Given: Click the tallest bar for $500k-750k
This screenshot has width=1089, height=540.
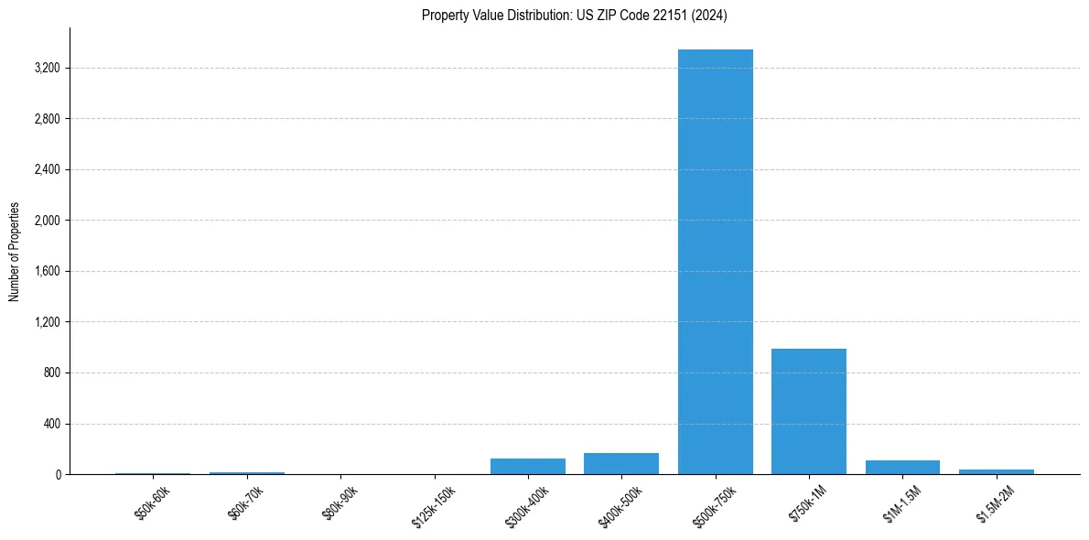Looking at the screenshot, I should pos(715,262).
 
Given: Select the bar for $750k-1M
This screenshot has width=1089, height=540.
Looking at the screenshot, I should pos(809,412).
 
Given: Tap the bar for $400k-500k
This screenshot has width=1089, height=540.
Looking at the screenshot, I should pos(621,464).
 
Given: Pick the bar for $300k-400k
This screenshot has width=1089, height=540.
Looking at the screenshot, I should pos(528,467).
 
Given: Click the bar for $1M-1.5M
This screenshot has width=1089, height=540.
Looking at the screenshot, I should pos(902,468).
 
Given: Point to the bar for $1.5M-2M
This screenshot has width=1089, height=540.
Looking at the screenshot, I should pos(996,471).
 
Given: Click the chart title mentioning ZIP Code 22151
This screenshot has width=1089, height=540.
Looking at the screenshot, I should pos(574,16).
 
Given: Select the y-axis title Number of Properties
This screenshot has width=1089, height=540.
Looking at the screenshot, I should pos(15,252).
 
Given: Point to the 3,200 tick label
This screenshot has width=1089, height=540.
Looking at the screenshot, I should pos(46,68).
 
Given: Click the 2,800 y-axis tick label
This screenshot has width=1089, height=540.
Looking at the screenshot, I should pos(46,119).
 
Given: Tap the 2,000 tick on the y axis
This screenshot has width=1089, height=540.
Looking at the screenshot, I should pos(46,221).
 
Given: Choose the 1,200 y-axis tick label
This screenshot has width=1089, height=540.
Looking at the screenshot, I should pos(46,322).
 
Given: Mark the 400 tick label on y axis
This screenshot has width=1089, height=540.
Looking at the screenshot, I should pos(51,424).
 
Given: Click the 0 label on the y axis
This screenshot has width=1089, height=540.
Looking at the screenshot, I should pos(58,474).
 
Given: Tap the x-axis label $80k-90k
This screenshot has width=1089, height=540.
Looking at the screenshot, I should pos(340,504).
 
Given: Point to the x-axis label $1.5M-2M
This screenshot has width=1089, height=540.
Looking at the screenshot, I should pos(994,505).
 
